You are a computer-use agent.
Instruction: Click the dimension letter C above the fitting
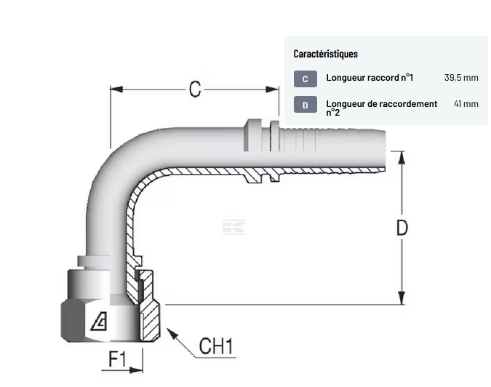195,89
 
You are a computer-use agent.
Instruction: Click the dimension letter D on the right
402,228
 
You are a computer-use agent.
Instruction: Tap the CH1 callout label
216,346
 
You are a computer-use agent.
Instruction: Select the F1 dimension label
117,359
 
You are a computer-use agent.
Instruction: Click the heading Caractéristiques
325,54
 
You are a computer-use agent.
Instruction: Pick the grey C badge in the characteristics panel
306,79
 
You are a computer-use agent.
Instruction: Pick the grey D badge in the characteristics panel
306,105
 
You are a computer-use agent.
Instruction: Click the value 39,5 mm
461,78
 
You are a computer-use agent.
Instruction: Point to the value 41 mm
466,103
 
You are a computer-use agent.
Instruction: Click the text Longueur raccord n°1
370,78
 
